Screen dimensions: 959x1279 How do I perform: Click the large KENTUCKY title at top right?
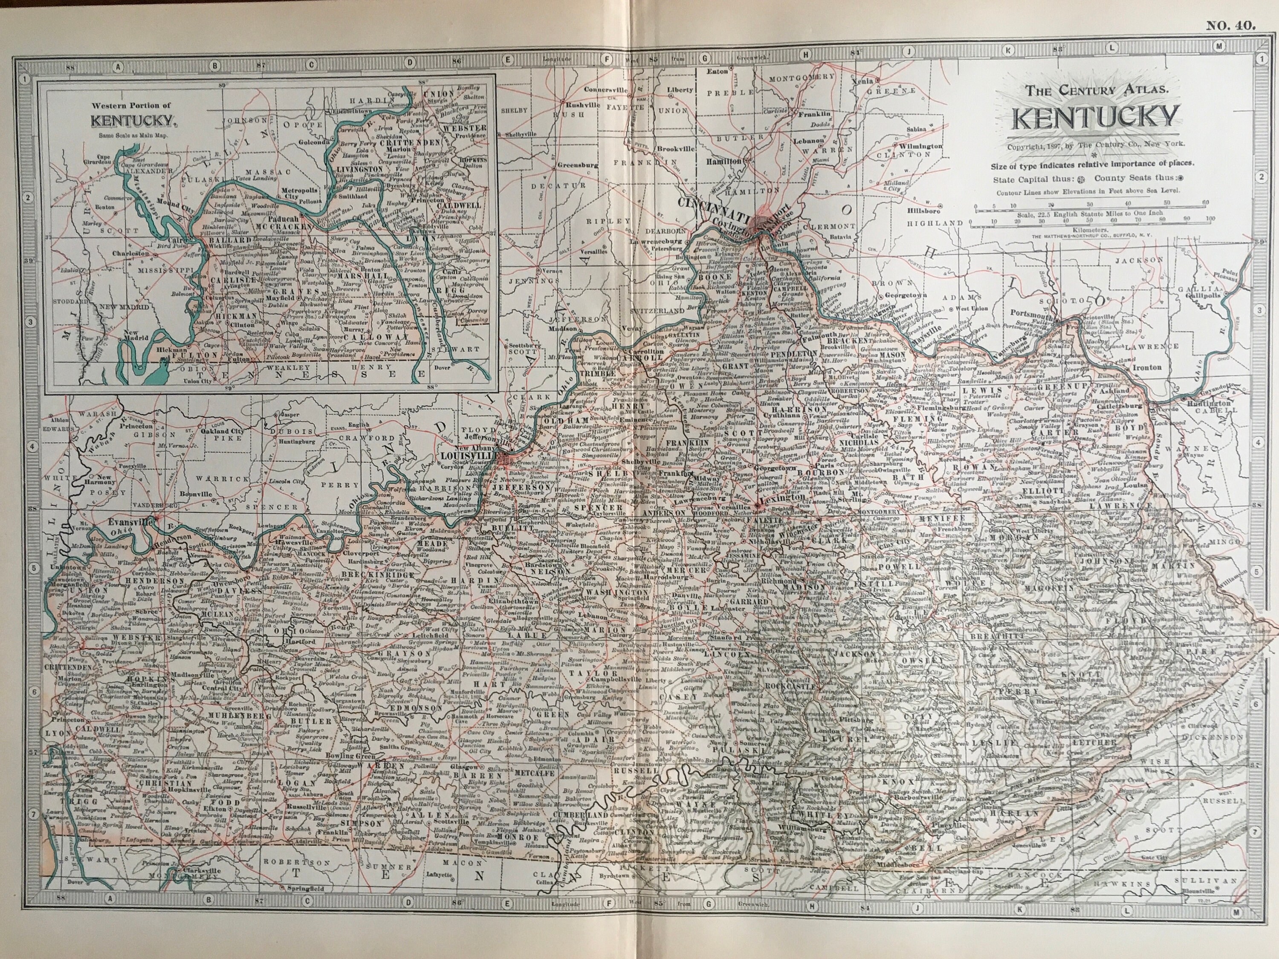pyautogui.click(x=1094, y=117)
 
